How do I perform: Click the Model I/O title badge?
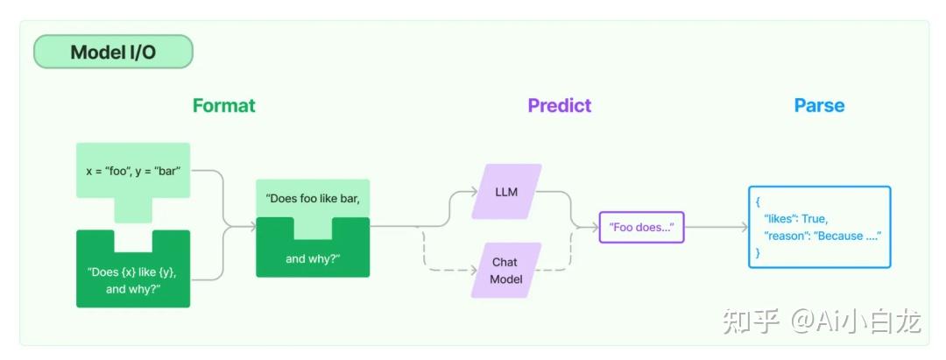point(113,53)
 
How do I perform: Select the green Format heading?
point(224,106)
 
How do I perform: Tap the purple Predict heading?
point(559,106)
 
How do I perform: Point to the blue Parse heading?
point(819,106)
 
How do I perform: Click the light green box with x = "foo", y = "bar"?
point(133,171)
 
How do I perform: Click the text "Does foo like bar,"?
point(313,197)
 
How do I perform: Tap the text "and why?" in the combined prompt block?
point(313,258)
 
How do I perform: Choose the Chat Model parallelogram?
point(505,270)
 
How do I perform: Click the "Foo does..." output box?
point(641,227)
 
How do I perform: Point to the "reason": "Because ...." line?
point(822,236)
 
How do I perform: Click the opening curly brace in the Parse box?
point(759,201)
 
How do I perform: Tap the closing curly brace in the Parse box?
point(759,252)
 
